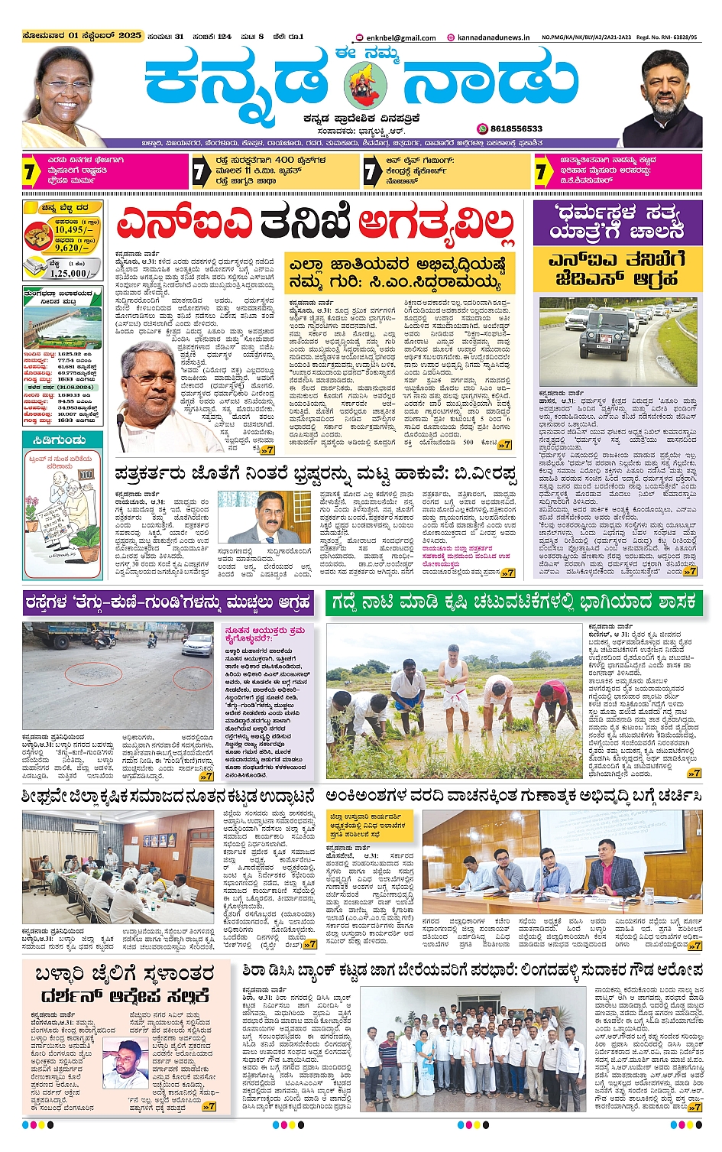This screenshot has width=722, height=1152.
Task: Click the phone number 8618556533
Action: pyautogui.click(x=516, y=128)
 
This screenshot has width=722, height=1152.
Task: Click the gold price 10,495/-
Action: pyautogui.click(x=74, y=229)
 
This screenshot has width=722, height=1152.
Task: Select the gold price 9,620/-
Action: pyautogui.click(x=73, y=248)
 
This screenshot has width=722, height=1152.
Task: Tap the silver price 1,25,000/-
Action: pyautogui.click(x=69, y=273)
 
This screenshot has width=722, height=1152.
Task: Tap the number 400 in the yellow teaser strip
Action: pyautogui.click(x=285, y=160)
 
